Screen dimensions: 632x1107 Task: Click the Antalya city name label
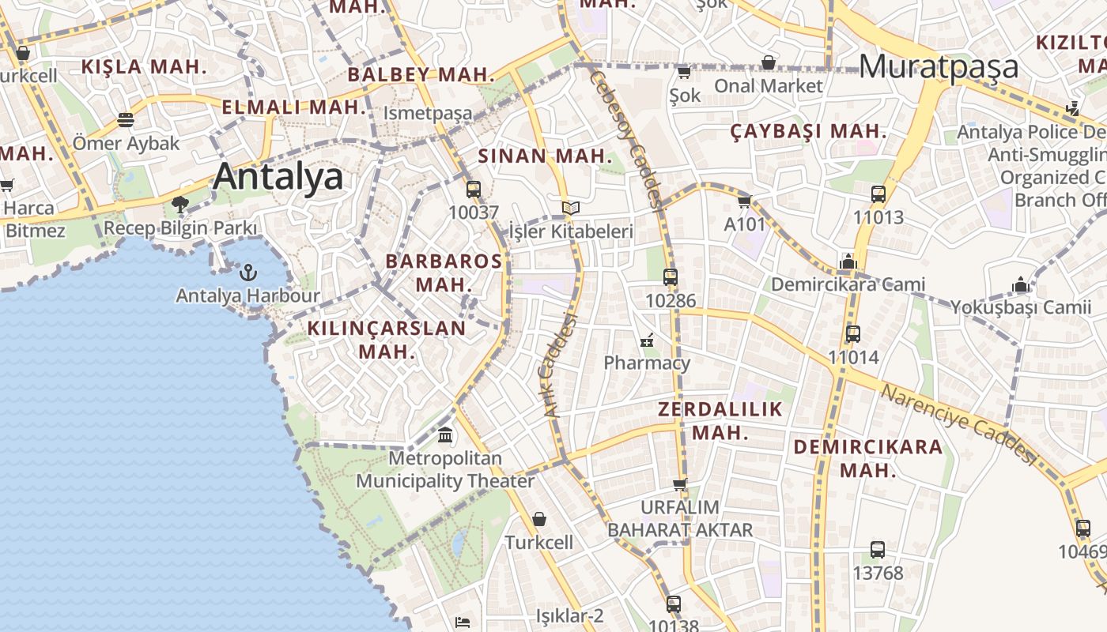point(278,176)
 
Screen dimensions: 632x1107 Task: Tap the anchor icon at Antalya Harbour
point(248,273)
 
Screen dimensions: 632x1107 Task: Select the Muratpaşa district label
point(939,67)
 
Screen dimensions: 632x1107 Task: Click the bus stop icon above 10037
point(474,190)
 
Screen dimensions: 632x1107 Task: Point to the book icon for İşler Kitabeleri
point(571,208)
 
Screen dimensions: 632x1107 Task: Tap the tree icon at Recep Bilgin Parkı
point(180,205)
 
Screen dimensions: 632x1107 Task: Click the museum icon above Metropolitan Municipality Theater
point(445,435)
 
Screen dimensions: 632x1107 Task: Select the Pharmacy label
point(647,363)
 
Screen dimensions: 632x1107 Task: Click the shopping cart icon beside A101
point(744,202)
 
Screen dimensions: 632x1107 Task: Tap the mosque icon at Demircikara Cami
point(848,261)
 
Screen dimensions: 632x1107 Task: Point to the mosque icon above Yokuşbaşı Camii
point(1021,284)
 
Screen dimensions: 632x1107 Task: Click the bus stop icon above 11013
point(878,194)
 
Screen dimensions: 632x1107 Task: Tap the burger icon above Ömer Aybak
point(126,120)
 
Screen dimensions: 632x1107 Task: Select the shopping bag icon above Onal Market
point(769,62)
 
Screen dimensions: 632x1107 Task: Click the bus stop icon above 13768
point(878,550)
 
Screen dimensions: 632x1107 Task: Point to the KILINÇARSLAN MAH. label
point(387,340)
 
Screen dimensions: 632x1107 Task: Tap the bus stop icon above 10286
point(671,277)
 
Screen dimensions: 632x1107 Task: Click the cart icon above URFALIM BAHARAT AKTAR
point(680,484)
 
